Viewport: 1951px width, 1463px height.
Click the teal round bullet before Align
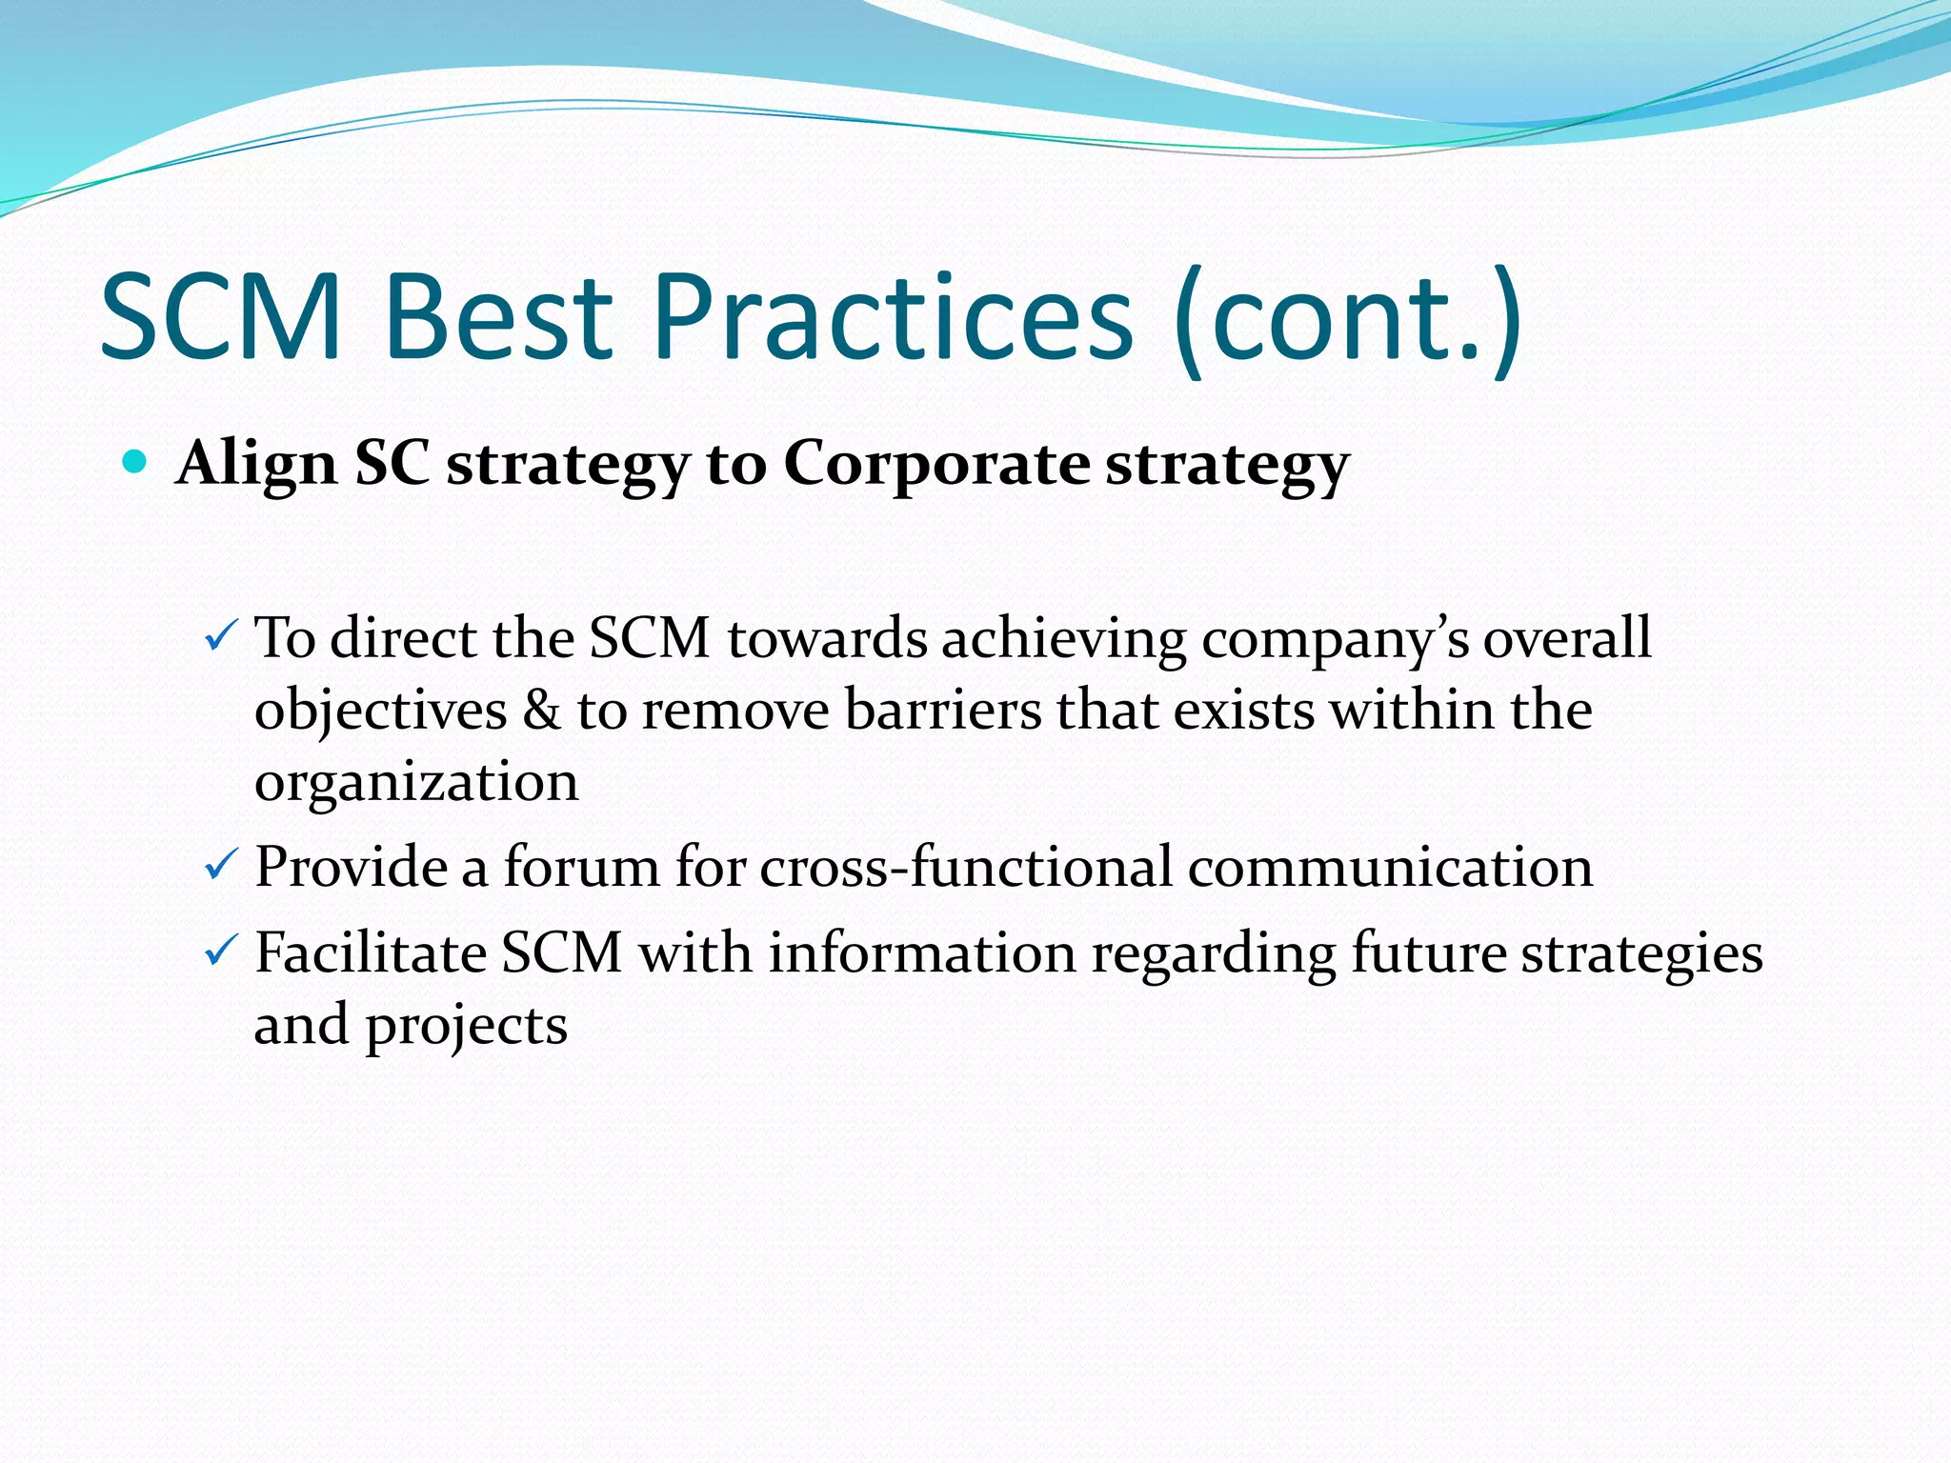click(135, 463)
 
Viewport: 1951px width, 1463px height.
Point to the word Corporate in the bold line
click(936, 465)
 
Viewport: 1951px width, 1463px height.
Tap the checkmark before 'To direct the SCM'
click(221, 635)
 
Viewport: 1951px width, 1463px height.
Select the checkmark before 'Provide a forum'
click(221, 865)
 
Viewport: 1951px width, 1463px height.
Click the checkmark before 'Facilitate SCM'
click(221, 950)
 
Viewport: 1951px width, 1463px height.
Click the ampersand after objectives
click(542, 710)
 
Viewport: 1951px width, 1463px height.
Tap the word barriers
click(943, 710)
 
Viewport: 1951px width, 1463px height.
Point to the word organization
click(416, 783)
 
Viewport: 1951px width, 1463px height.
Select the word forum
click(581, 867)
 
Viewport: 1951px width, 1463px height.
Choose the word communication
click(1390, 867)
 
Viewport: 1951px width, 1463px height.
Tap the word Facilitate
click(372, 952)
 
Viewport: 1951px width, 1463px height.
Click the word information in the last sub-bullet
click(922, 952)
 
